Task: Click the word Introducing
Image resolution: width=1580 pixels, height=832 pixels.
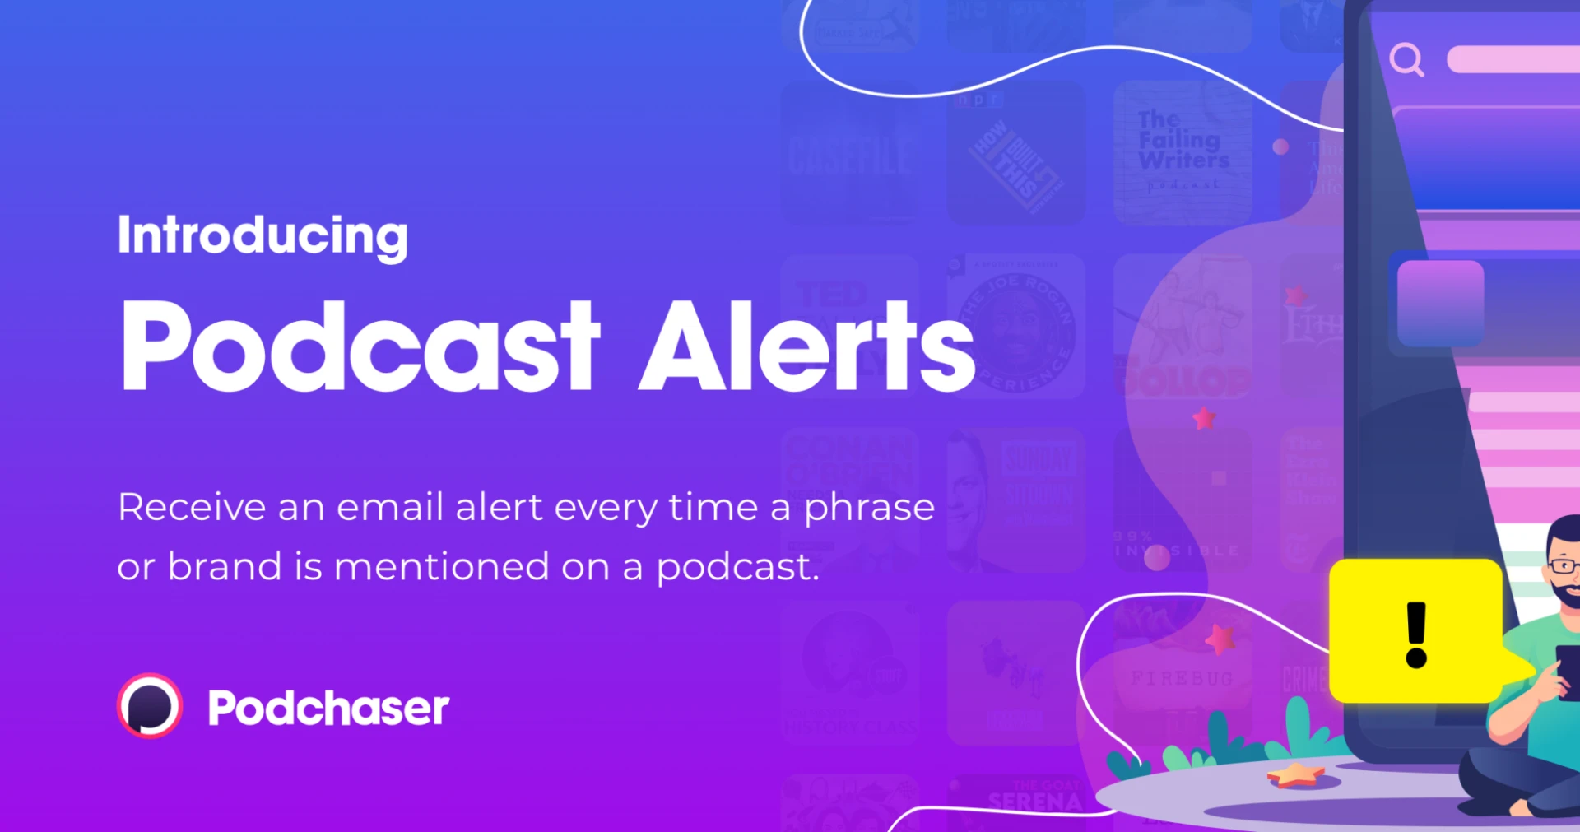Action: click(263, 235)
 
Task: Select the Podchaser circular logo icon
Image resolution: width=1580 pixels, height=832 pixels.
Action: click(150, 706)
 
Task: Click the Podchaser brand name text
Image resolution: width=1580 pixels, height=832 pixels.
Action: click(328, 708)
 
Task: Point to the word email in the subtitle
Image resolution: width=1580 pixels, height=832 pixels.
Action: click(390, 507)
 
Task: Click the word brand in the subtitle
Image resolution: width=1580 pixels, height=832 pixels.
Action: click(225, 567)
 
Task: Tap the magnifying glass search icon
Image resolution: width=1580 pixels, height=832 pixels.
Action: click(1406, 59)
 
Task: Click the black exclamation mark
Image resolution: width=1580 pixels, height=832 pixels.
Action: click(1416, 634)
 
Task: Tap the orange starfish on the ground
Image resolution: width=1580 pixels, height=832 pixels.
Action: click(1295, 774)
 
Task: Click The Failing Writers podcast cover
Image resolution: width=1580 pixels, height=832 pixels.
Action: click(1183, 152)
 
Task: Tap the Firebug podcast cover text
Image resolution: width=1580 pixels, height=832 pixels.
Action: click(1182, 678)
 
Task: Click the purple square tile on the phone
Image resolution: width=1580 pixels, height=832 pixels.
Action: click(1440, 303)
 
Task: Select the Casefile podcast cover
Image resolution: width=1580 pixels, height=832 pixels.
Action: click(850, 155)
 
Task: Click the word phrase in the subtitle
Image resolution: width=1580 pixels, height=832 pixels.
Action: click(869, 508)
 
